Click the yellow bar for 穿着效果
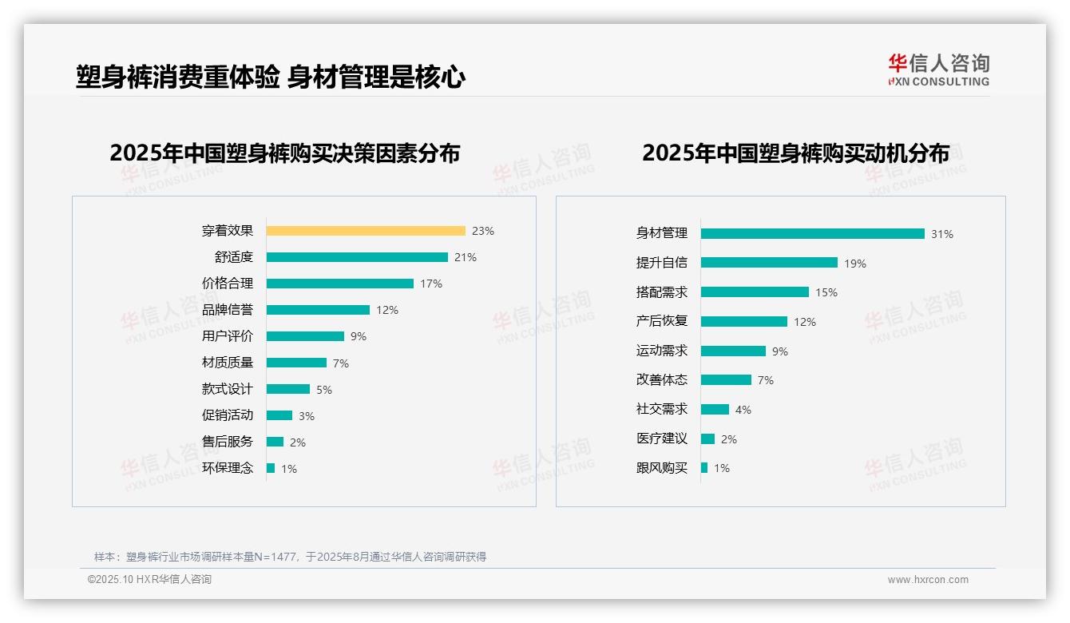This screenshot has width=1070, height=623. (x=365, y=231)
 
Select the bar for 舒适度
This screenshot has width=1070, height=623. (x=357, y=257)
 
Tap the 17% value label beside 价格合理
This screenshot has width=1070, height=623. (x=431, y=284)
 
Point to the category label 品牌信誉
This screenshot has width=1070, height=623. (x=228, y=310)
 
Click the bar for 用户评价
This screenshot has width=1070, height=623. (x=305, y=336)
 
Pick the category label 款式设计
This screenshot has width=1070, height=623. (x=228, y=389)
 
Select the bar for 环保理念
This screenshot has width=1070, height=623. (x=271, y=468)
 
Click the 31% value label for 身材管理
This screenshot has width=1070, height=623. (x=942, y=234)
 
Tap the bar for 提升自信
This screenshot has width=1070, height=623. (x=769, y=263)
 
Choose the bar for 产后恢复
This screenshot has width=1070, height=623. (x=743, y=321)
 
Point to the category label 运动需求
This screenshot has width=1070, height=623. (x=661, y=351)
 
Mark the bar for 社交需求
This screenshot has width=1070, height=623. (x=715, y=409)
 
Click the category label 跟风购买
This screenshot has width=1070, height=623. (x=661, y=468)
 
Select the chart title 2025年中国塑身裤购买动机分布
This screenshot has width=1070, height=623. (x=795, y=153)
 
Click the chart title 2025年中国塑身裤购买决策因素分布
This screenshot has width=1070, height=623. (x=284, y=153)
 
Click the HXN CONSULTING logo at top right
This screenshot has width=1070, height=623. (x=938, y=70)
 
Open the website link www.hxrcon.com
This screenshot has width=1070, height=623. (x=928, y=580)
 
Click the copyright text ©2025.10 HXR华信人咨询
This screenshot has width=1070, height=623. (x=149, y=580)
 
